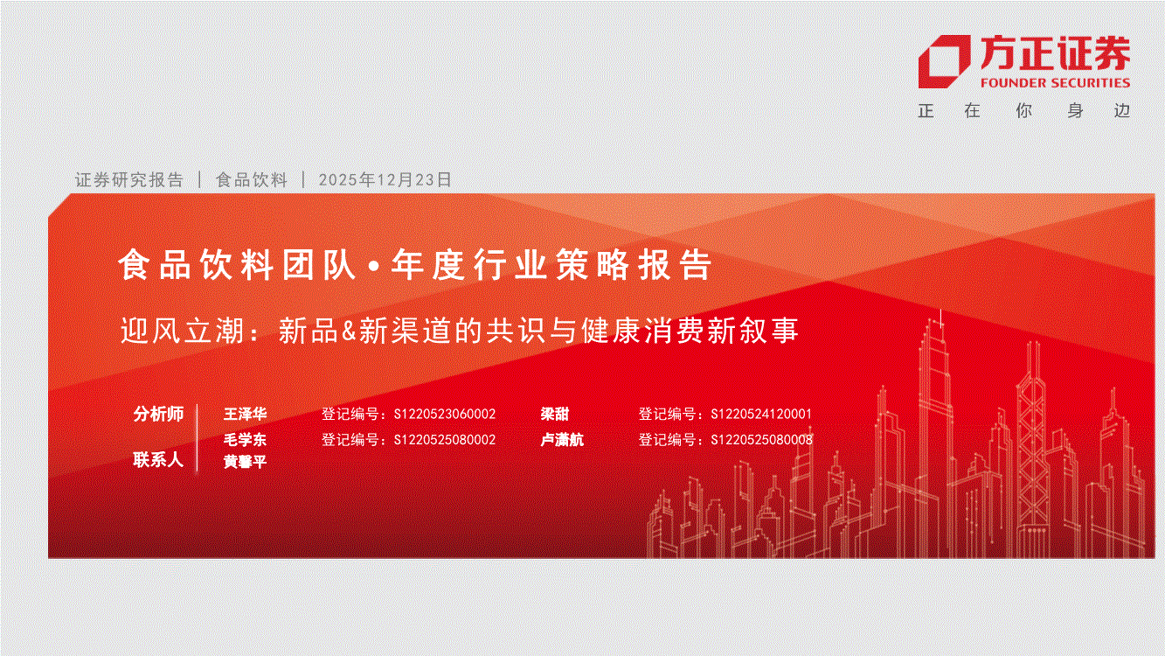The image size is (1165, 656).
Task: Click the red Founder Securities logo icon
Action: [943, 61]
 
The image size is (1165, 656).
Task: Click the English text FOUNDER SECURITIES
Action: [1055, 83]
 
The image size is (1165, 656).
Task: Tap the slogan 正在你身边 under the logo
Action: [1024, 111]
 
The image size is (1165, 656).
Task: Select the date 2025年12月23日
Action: [385, 179]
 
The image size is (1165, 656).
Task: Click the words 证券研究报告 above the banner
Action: [129, 179]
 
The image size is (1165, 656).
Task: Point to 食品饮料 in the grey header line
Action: [252, 179]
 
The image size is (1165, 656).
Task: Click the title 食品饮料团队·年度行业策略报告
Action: [415, 265]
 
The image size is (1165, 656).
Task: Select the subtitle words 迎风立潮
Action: [182, 331]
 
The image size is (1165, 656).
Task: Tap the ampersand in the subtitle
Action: [349, 331]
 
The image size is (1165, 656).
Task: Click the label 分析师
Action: [159, 414]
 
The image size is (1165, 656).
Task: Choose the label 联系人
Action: [159, 460]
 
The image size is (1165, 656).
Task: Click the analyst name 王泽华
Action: [245, 414]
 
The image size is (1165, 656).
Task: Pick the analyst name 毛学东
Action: [245, 440]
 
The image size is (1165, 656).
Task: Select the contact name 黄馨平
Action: [245, 462]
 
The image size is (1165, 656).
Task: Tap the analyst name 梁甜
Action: [555, 414]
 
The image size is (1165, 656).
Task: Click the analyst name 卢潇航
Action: [562, 440]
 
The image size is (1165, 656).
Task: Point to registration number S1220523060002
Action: [445, 414]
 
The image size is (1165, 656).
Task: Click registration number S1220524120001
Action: [761, 414]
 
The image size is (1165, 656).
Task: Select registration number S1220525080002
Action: [445, 440]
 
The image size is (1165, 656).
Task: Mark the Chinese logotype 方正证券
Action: [1055, 53]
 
